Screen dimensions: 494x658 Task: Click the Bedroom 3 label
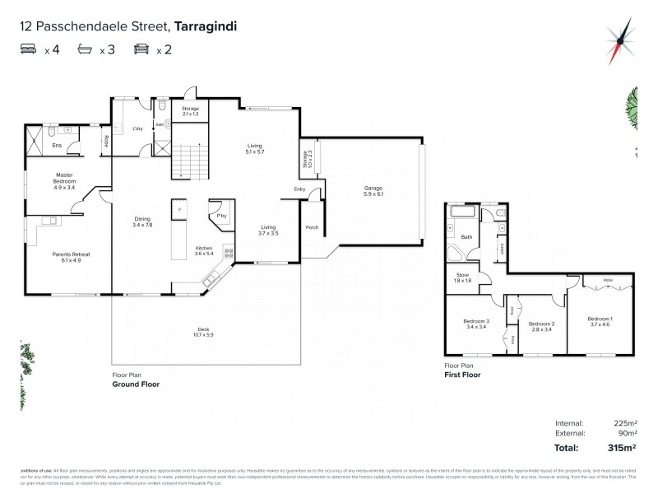pos(476,324)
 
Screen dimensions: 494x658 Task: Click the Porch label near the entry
pos(312,227)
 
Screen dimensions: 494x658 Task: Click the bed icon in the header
pos(29,50)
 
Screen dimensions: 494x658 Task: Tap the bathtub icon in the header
pos(84,50)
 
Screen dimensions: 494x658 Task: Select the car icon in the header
pos(141,50)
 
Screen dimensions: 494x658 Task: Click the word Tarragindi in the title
pos(206,26)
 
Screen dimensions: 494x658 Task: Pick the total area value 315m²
pos(621,449)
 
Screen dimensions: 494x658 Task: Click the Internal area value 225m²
pos(627,423)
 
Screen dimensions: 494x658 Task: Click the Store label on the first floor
pos(462,278)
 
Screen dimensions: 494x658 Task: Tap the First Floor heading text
pos(462,375)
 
